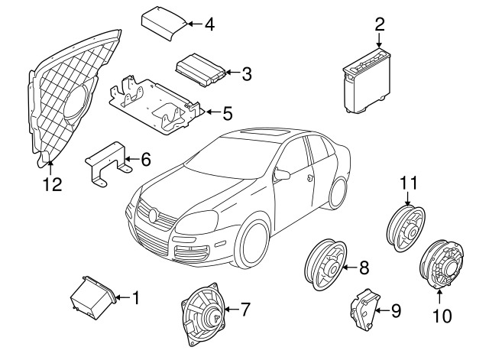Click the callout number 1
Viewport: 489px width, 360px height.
pyautogui.click(x=136, y=296)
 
